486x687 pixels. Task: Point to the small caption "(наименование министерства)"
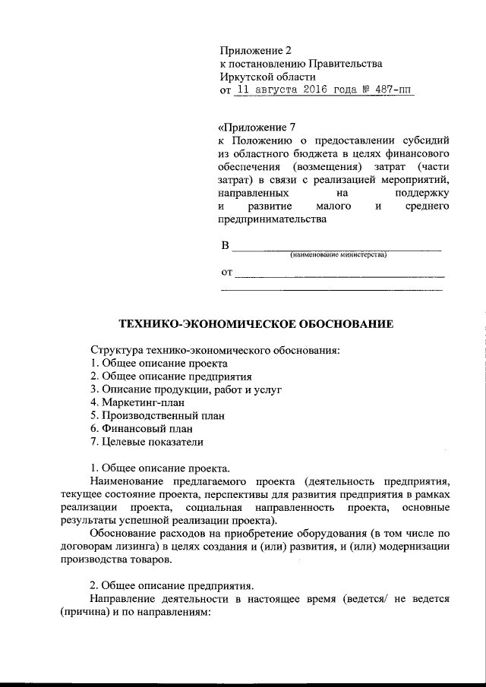(338, 254)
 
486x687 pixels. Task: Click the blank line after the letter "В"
(335, 247)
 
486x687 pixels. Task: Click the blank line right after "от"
(339, 274)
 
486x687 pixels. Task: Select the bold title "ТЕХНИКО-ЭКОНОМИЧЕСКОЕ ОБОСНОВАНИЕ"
(256, 324)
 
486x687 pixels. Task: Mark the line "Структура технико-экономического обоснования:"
(215, 349)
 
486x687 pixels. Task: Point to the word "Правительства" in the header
(339, 65)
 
